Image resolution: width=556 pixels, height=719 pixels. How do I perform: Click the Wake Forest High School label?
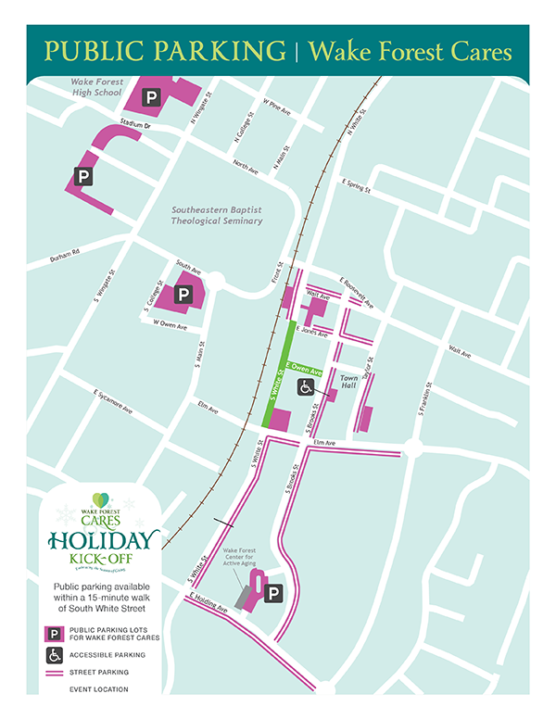(x=96, y=88)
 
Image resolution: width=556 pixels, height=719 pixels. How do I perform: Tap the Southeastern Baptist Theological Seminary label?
(x=217, y=216)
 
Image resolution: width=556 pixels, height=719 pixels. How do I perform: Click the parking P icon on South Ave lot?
(x=183, y=295)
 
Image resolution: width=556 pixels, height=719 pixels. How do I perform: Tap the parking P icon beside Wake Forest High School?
(x=150, y=95)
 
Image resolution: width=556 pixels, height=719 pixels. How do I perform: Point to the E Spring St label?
(x=355, y=186)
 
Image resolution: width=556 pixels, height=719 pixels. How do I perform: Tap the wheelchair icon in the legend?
(x=56, y=654)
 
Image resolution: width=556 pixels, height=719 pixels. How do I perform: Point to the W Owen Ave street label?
(x=171, y=326)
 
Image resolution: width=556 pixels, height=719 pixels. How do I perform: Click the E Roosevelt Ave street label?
(x=357, y=292)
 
